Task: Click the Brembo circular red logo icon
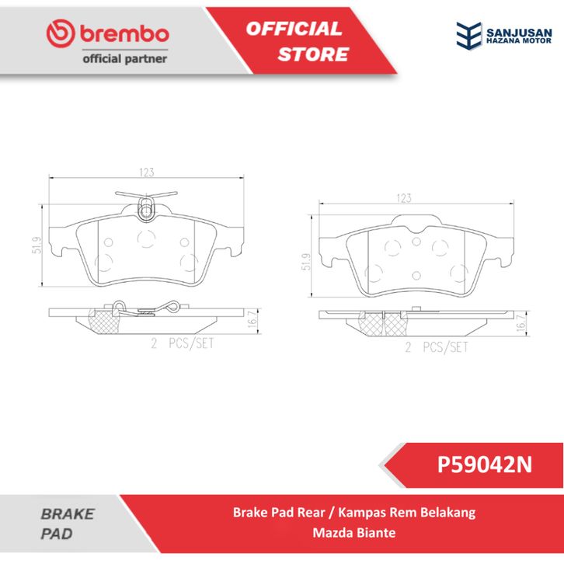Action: click(61, 33)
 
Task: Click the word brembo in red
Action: click(124, 34)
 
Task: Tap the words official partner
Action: click(125, 58)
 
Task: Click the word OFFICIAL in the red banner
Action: click(294, 29)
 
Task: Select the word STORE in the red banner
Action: click(313, 54)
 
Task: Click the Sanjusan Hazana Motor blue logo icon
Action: click(468, 35)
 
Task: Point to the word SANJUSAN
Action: click(519, 33)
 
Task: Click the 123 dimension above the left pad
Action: click(147, 172)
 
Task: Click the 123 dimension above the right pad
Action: click(403, 198)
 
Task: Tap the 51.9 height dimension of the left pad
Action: click(37, 245)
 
